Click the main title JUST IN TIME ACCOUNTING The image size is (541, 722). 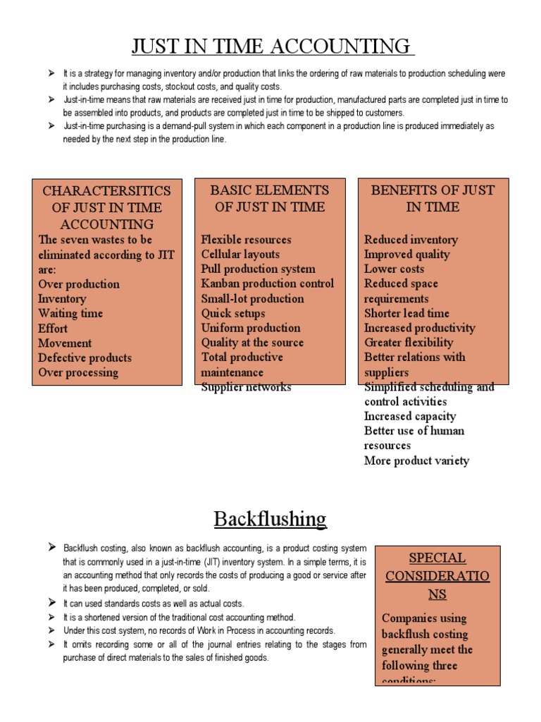click(x=270, y=47)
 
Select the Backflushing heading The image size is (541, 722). click(x=270, y=519)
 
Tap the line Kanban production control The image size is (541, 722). click(x=267, y=283)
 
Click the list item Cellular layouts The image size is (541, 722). click(x=240, y=254)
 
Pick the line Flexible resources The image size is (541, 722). click(x=246, y=239)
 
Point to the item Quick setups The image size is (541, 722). click(x=233, y=313)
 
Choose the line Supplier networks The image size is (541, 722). click(x=246, y=387)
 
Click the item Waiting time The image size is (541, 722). click(x=70, y=313)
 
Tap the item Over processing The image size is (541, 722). click(x=78, y=372)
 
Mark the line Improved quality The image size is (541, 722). click(x=406, y=254)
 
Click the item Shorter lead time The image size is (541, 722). click(x=406, y=313)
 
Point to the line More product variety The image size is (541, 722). click(x=416, y=461)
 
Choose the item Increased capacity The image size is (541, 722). click(x=410, y=416)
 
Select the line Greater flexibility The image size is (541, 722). click(x=409, y=343)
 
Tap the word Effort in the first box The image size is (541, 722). click(x=53, y=328)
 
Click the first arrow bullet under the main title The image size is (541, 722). click(x=51, y=73)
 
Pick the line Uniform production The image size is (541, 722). click(x=251, y=328)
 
